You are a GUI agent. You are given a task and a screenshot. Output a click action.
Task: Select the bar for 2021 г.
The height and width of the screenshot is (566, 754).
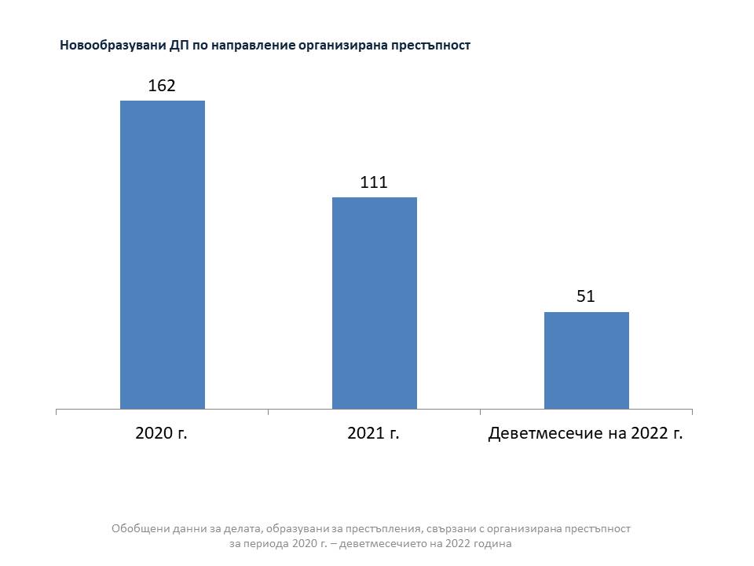pos(374,303)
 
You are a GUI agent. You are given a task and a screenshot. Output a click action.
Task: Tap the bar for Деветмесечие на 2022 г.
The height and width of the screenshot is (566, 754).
pos(586,360)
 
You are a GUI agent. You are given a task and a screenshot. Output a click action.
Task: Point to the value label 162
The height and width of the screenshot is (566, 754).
pos(162,86)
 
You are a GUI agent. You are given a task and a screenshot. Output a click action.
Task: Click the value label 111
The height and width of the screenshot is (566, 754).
pos(374,182)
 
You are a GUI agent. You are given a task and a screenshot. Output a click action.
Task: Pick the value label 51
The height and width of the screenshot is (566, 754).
pos(586,296)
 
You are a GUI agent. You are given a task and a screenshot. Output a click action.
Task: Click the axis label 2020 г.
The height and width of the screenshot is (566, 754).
pos(161,433)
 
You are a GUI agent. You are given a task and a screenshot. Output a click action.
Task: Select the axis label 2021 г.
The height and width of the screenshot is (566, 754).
pos(373,433)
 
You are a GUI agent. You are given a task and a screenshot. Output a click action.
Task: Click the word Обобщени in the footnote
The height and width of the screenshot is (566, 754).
pos(138,528)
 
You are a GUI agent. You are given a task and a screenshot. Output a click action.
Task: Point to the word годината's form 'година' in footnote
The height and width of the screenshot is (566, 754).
pos(492,543)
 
